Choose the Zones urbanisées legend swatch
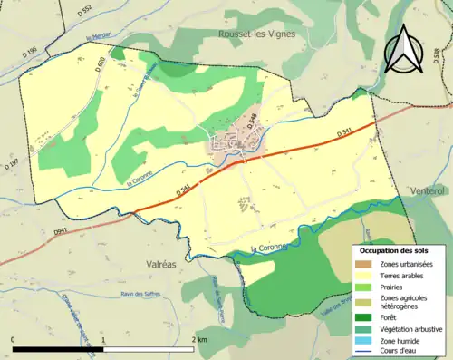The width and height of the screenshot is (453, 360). coord(367,263)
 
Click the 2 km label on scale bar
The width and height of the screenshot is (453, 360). coord(198,337)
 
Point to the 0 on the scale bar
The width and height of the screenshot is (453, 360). coord(13,337)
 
